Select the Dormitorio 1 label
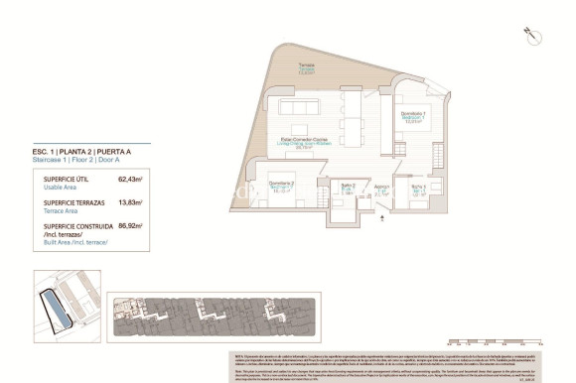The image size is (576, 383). coord(414,117)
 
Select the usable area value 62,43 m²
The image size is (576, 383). coord(130,180)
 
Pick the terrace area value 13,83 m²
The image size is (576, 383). coord(130,202)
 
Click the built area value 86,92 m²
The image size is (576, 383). coord(130,225)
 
